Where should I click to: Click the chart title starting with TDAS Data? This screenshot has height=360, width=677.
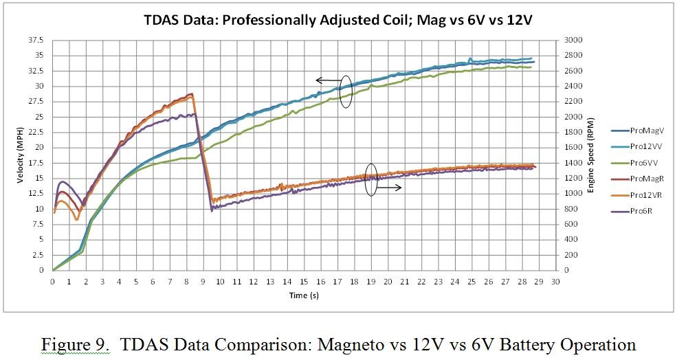tap(339, 20)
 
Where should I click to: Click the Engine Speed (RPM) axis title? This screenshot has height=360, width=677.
tap(590, 155)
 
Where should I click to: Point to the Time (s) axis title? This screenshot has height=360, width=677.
tap(304, 295)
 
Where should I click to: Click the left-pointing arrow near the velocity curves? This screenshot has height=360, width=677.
tap(328, 80)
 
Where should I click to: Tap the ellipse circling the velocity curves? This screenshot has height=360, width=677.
tap(347, 91)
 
